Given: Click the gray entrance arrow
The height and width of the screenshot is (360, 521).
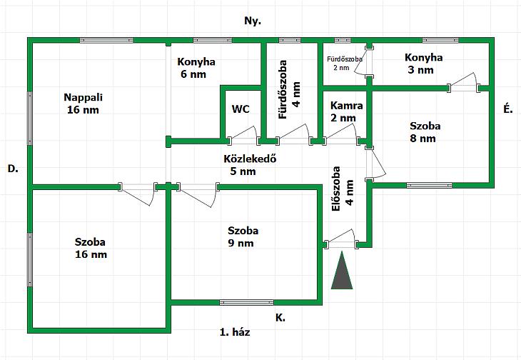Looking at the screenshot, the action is [342, 271].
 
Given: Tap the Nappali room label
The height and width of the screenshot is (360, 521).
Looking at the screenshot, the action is [83, 104].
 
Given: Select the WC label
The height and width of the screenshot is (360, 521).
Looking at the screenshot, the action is [241, 109].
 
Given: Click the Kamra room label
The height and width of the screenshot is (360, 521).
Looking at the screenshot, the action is [347, 111].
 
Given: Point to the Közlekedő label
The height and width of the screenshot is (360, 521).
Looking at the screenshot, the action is [250, 165].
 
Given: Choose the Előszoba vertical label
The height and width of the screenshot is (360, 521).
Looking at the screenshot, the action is [343, 189].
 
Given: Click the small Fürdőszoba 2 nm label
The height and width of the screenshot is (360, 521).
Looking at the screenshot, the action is [345, 63].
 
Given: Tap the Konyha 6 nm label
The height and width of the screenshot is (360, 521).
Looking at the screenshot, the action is [196, 68].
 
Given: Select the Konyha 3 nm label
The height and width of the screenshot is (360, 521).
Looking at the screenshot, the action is [423, 64].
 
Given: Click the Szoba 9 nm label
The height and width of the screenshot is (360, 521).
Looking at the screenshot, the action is [243, 236].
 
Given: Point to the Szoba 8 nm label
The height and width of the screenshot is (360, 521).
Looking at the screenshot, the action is [425, 132].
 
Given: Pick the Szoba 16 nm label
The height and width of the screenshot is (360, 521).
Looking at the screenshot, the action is [91, 248].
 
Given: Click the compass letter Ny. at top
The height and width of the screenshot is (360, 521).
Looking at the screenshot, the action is [253, 21].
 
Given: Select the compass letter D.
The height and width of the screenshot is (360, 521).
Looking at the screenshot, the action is [13, 169].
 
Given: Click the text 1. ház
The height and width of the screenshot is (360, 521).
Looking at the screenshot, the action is [235, 331].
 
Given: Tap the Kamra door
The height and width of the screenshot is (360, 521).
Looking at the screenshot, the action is [341, 134].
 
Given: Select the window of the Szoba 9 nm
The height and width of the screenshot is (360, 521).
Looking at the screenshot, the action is [246, 302].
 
